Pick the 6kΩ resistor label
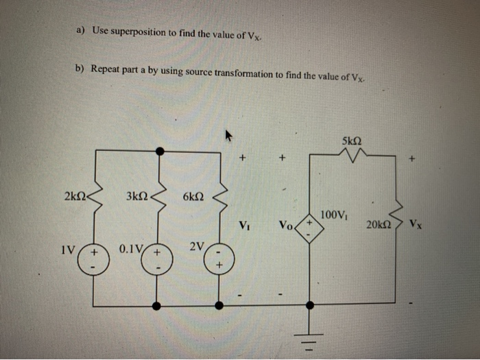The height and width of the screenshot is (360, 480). click(193, 197)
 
